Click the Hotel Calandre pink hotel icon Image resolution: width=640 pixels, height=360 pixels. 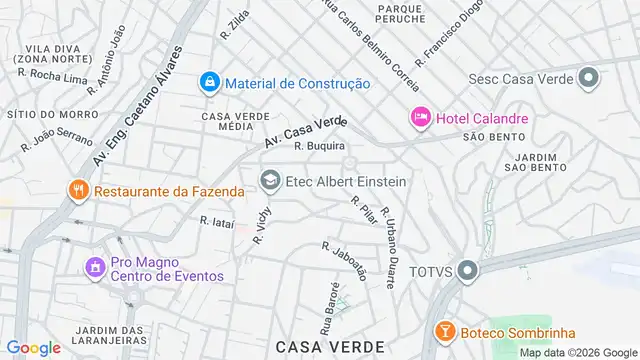click(420, 118)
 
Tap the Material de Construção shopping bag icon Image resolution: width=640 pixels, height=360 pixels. click(209, 82)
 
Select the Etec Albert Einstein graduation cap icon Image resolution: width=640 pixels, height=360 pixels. click(269, 181)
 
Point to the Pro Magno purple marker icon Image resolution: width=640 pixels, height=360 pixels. click(95, 268)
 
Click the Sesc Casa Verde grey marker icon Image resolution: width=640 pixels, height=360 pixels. click(588, 78)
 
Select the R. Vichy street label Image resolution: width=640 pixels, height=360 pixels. click(262, 226)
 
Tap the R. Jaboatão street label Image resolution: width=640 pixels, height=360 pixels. click(345, 260)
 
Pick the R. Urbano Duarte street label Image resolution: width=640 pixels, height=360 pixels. click(386, 228)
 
